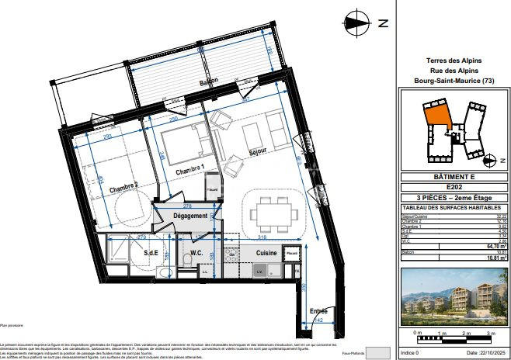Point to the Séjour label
(x=257, y=151)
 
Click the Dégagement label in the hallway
(x=190, y=216)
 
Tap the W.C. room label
(x=197, y=252)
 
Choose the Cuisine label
(x=267, y=253)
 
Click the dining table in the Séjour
(x=273, y=210)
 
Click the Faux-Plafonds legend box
(x=377, y=354)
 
